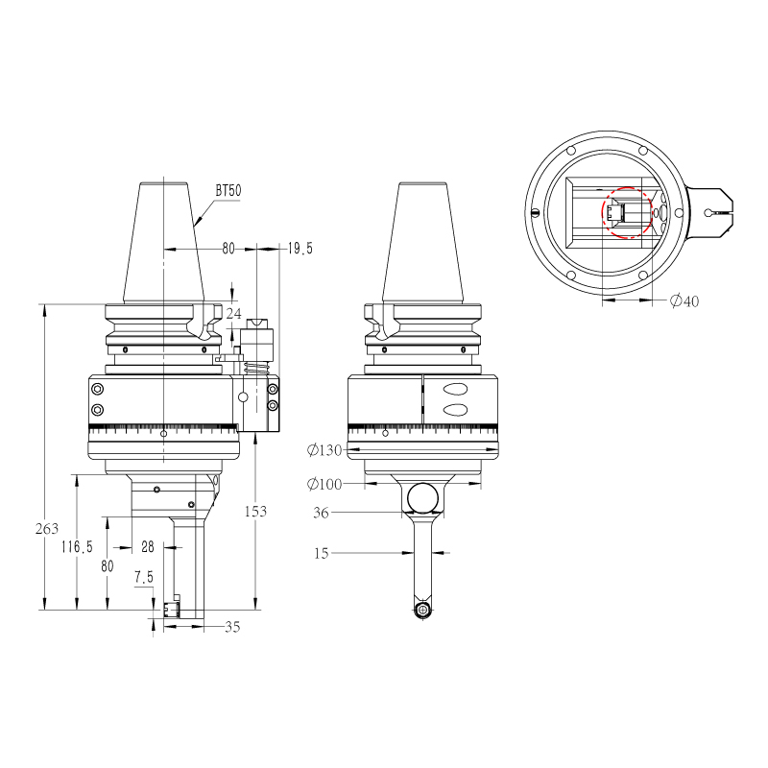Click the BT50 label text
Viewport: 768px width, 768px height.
click(x=228, y=192)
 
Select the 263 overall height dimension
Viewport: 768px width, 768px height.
click(x=47, y=529)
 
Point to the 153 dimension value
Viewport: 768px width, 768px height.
click(x=255, y=512)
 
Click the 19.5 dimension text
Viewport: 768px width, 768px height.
click(x=300, y=249)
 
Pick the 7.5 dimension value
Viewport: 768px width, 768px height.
click(x=144, y=578)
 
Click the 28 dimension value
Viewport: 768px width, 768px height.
click(x=148, y=546)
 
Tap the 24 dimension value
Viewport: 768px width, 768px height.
click(x=234, y=313)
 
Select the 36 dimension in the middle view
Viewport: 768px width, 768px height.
click(x=322, y=514)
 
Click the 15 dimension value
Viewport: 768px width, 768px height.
click(x=322, y=553)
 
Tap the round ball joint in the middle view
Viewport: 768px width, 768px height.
click(x=422, y=497)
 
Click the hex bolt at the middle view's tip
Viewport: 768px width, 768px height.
click(x=422, y=610)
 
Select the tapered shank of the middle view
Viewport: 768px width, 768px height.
click(x=422, y=240)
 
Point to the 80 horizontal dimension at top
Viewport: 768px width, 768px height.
click(x=228, y=249)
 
